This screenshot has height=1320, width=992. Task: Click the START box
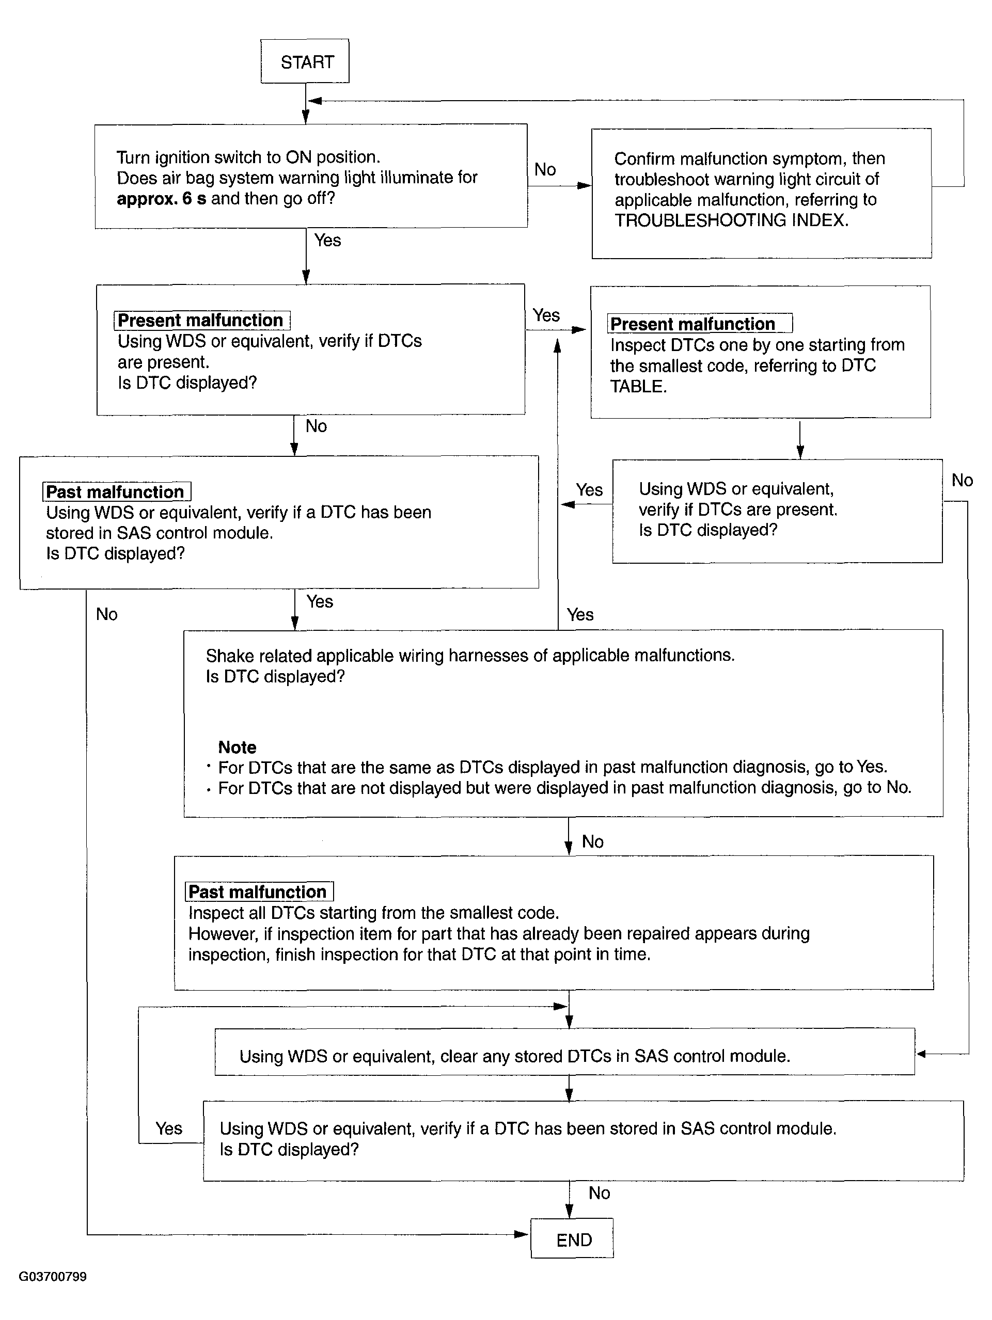(305, 61)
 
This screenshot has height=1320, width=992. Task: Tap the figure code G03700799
(53, 1277)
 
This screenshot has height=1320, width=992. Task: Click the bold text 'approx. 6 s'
(161, 199)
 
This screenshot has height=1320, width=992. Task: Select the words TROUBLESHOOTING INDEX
(731, 220)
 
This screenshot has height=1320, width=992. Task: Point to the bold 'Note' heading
(237, 747)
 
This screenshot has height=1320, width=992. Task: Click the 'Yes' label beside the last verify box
(169, 1128)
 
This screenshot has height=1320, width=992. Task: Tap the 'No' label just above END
(599, 1193)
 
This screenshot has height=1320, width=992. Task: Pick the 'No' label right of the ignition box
(545, 169)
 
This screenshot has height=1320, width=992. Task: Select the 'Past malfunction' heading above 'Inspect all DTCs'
(258, 892)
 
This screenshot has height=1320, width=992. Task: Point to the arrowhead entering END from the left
(522, 1234)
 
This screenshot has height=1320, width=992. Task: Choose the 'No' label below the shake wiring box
(593, 841)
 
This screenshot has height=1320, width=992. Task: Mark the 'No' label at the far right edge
(962, 481)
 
